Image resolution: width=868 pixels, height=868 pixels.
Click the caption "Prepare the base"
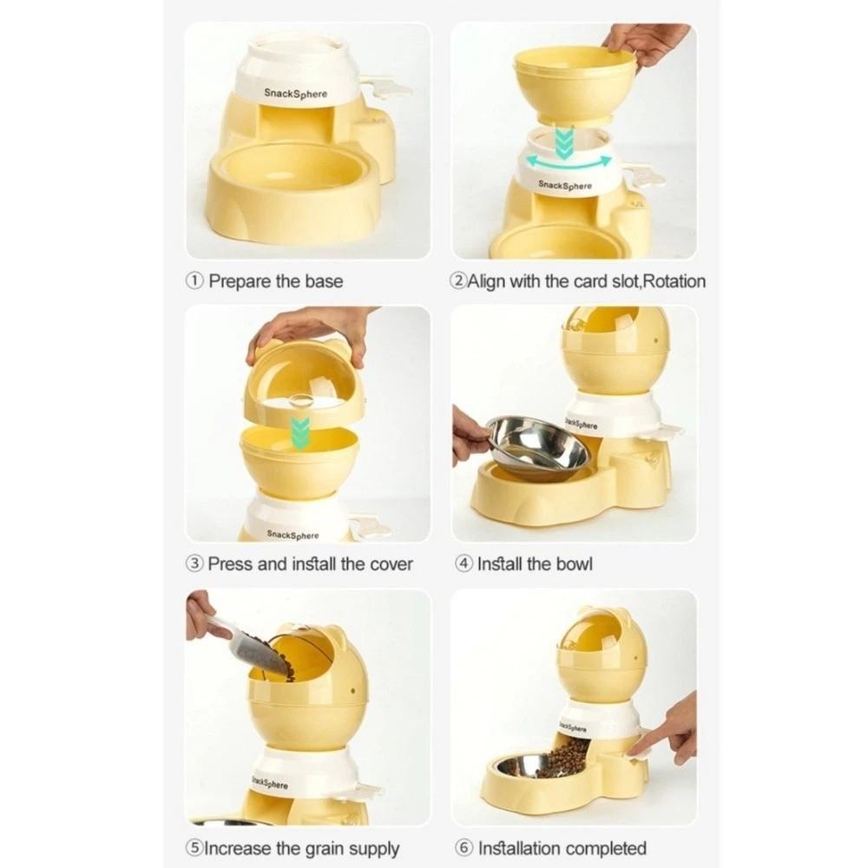coord(275,281)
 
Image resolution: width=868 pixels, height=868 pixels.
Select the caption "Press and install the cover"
coord(310,564)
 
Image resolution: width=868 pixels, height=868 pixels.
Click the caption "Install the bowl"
coord(535,564)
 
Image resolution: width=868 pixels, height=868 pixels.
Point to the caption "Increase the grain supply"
coord(301,848)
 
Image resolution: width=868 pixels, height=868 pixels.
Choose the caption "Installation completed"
coord(562,848)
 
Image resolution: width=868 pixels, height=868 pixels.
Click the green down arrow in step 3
coord(300,431)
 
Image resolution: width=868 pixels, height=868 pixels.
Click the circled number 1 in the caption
coord(195,281)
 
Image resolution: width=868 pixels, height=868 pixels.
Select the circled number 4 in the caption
coord(464,564)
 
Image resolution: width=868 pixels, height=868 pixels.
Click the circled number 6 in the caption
coord(464,848)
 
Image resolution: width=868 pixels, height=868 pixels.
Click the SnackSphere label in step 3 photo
coord(293,535)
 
